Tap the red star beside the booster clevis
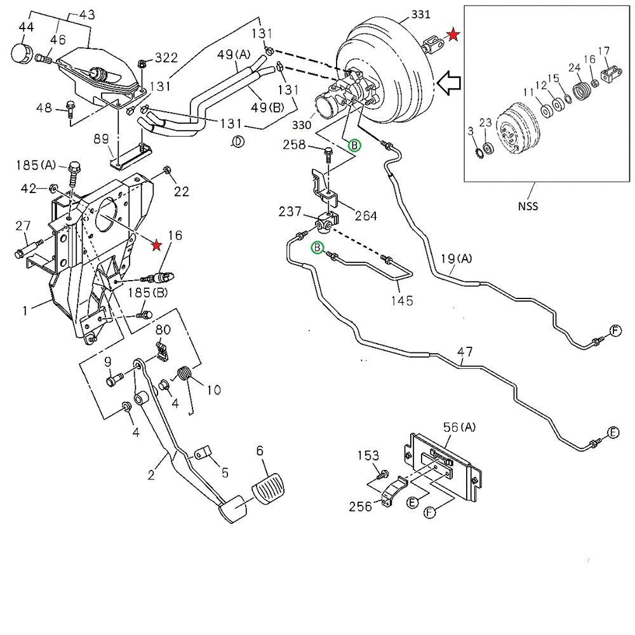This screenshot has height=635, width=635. (x=453, y=35)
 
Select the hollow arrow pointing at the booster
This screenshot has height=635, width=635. (x=453, y=84)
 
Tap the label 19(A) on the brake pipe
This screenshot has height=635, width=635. (x=457, y=259)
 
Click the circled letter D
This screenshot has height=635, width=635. (x=237, y=142)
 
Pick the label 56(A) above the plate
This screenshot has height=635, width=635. (x=459, y=427)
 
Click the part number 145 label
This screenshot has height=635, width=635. (x=403, y=300)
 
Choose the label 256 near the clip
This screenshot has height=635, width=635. (x=360, y=506)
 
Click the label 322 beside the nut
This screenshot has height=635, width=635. (x=166, y=58)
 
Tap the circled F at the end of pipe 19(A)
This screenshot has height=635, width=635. (x=615, y=330)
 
